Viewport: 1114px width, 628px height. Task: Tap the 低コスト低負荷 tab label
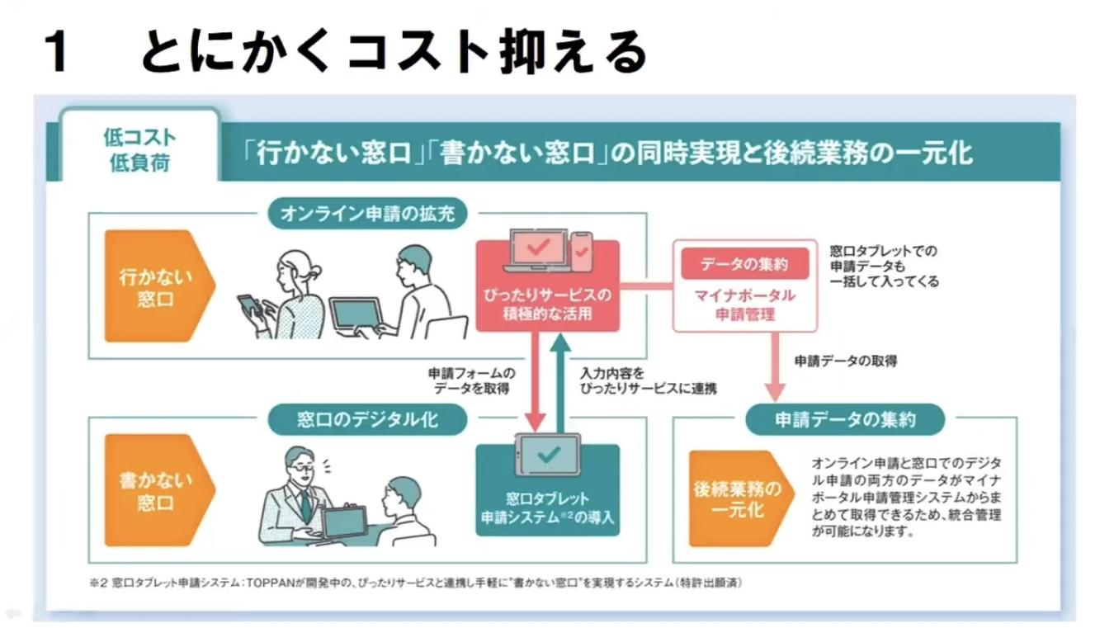(139, 149)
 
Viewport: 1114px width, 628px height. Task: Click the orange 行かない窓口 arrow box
(157, 286)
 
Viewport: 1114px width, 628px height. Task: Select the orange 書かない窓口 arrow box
(157, 491)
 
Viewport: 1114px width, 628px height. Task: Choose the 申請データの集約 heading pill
(844, 419)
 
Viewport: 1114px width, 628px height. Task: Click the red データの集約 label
(744, 264)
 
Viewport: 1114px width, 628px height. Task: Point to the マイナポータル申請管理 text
(744, 305)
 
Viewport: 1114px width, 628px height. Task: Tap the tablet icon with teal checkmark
(547, 455)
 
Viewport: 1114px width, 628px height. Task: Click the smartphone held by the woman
(249, 305)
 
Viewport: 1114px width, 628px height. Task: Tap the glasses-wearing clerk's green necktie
(305, 503)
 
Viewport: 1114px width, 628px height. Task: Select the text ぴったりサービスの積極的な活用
(547, 304)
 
